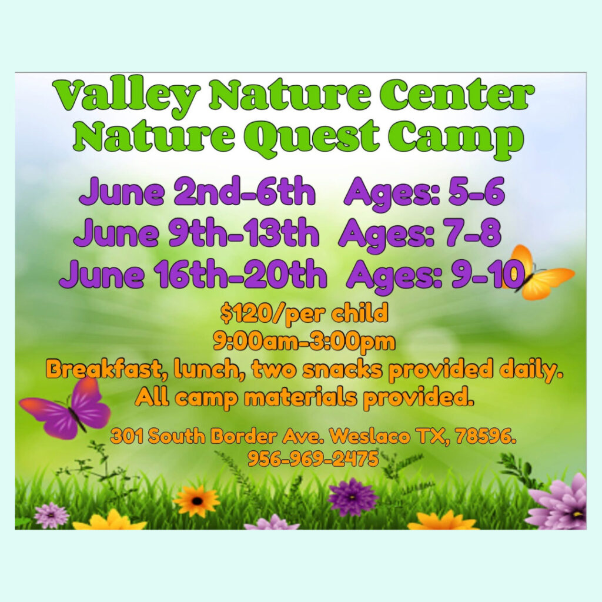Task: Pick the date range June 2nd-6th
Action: pos(198,191)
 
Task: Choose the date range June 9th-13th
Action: pos(196,232)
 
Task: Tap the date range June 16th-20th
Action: pos(193,273)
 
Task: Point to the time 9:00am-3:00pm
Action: pos(304,342)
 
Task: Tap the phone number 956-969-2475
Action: pos(313,459)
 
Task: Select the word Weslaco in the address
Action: pos(371,437)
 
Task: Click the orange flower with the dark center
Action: pos(196,500)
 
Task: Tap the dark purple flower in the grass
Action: pos(353,497)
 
